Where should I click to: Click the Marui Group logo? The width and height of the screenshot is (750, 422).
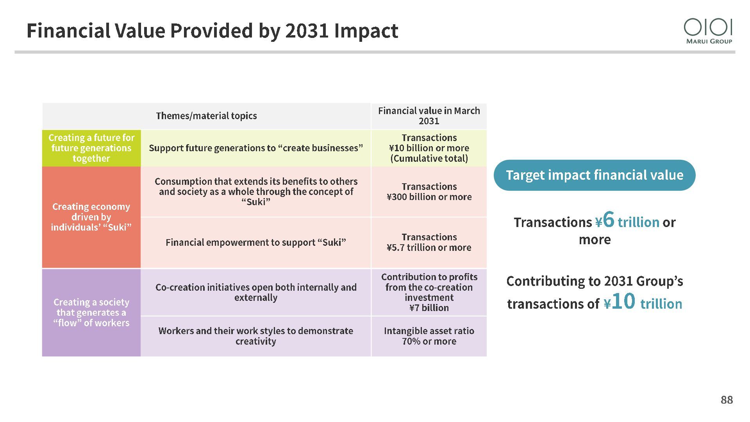pos(708,31)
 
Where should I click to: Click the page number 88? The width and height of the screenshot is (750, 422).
pos(727,400)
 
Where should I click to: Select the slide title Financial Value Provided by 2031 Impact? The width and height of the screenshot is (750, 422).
pos(212,30)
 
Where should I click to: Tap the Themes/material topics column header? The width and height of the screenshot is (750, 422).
pos(206,116)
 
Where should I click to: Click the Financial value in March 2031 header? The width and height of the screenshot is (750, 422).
pos(429,116)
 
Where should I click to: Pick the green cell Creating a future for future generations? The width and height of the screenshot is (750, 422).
pos(91,148)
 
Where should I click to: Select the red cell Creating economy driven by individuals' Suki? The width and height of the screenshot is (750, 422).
pos(91,217)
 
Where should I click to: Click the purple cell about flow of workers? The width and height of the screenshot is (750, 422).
pos(91,313)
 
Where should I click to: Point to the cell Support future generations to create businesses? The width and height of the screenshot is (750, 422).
pos(256,148)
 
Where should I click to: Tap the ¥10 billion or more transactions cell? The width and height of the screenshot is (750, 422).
pos(429,148)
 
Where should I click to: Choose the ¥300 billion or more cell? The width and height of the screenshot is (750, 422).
pos(429,192)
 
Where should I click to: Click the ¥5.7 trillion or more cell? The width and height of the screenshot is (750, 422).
pos(429,242)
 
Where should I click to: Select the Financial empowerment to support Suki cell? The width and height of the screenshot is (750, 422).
pos(256,242)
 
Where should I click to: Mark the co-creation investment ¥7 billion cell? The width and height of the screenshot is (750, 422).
pos(429,292)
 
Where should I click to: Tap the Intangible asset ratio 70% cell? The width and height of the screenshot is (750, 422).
pos(429,336)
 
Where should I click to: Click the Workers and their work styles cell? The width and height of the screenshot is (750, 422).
pos(256,336)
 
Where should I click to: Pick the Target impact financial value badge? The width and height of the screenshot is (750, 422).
pos(595,175)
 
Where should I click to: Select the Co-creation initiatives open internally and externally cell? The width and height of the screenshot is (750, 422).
pos(256,292)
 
